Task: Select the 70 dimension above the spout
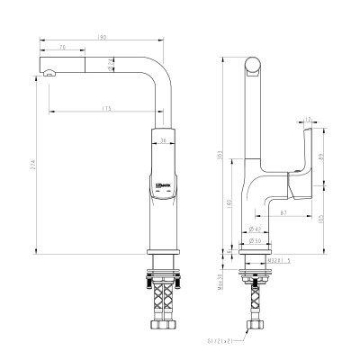[63, 46]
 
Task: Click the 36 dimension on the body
[163, 140]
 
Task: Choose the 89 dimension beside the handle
[322, 154]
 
